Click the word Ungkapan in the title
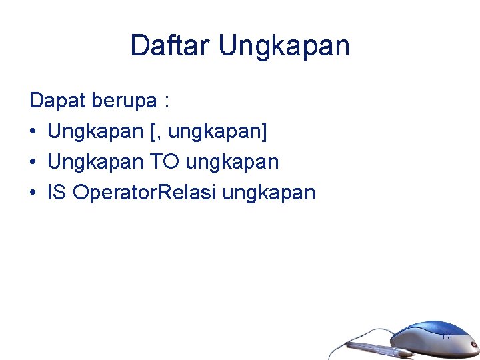(x=283, y=46)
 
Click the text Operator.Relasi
(x=145, y=193)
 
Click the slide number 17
(x=446, y=336)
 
